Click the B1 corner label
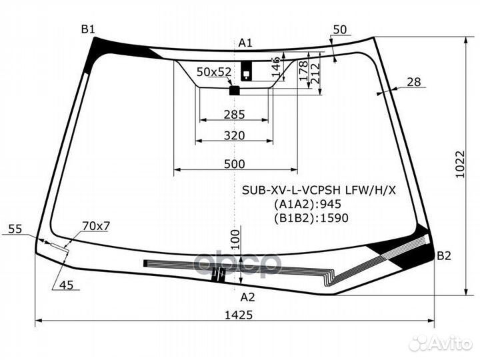point(88,29)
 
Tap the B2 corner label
point(444,256)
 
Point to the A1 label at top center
point(245,43)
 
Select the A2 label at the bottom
point(247,297)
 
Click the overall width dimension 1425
point(239,315)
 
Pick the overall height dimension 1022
point(460,164)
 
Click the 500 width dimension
point(235,164)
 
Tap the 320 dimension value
point(234,135)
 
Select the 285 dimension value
point(234,115)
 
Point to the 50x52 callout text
point(214,72)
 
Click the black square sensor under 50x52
point(235,91)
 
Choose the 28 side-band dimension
point(414,82)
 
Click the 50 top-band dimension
point(340,30)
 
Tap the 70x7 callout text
point(96,226)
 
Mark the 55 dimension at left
point(15,229)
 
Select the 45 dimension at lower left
point(67,285)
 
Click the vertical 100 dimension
point(235,240)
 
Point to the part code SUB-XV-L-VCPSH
point(291,191)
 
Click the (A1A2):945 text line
point(307,204)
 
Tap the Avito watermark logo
point(441,343)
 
